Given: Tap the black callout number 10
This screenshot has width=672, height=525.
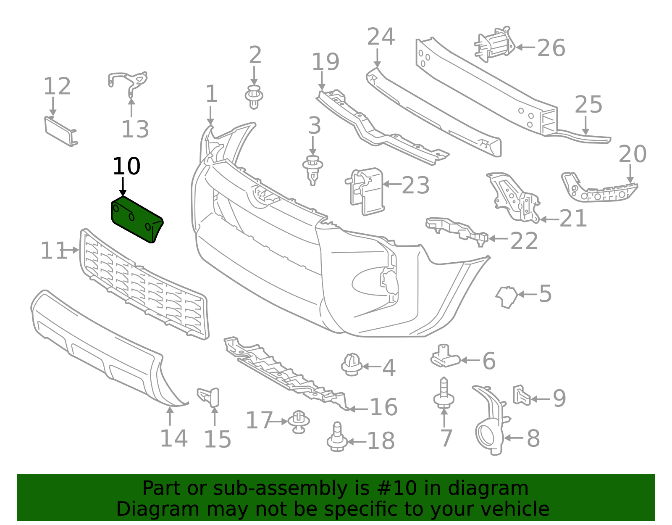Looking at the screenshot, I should (x=126, y=166).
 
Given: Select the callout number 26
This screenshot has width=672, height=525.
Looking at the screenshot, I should (x=551, y=48).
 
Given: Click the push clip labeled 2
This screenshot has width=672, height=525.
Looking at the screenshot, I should (x=254, y=97).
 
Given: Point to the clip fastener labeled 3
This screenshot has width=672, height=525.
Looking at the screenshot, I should (x=312, y=169).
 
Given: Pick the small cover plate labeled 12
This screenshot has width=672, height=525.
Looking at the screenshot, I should (x=60, y=131).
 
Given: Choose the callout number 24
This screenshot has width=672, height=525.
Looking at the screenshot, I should (x=381, y=37).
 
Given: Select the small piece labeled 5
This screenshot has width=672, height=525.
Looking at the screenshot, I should (x=507, y=296).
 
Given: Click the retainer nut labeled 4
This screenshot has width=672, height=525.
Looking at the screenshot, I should (x=352, y=364).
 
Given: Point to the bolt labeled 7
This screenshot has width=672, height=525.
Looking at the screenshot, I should (x=444, y=393).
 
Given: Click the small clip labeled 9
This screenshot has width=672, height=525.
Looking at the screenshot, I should (x=521, y=396).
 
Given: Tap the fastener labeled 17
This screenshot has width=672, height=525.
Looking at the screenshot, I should (x=299, y=422).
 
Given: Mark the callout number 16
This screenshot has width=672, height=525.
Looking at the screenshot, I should (x=383, y=407).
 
